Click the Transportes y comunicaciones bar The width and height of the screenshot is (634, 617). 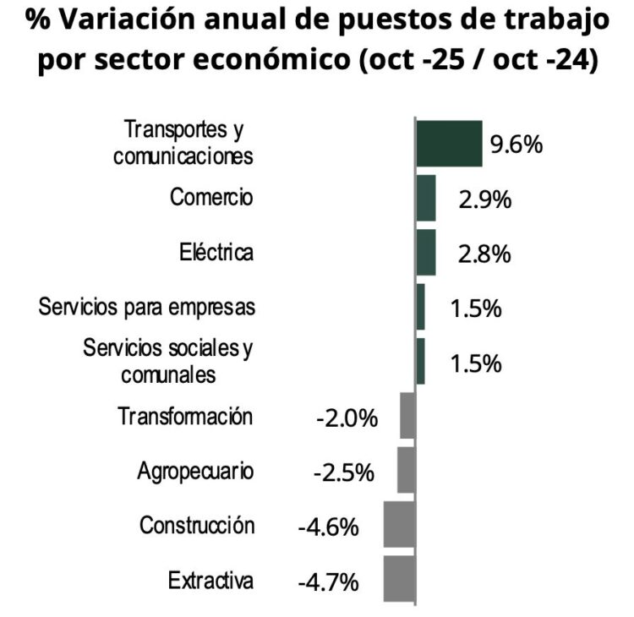click(x=449, y=144)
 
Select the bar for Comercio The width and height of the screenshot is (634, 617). click(x=426, y=198)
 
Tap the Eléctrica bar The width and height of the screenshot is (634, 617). click(x=426, y=252)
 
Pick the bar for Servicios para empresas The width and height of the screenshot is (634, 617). click(x=421, y=307)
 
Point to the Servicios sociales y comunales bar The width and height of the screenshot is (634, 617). click(x=421, y=362)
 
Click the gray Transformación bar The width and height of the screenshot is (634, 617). click(x=407, y=416)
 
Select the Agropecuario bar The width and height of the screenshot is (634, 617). click(x=406, y=470)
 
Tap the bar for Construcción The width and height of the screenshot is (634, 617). click(x=399, y=524)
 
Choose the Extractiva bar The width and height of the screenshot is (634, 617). click(x=399, y=579)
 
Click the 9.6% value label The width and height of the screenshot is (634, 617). click(x=516, y=145)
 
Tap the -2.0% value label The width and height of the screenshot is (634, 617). click(x=346, y=418)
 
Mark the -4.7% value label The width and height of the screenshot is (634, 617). click(x=328, y=582)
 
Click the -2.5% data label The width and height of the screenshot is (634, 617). click(x=343, y=472)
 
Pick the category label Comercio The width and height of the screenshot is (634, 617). click(x=211, y=198)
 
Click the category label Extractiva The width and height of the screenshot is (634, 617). click(x=210, y=581)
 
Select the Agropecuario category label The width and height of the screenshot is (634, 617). click(x=195, y=472)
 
